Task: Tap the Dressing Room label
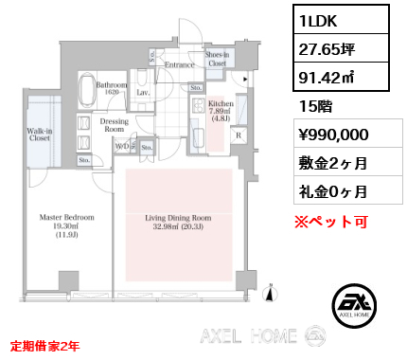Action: tap(114, 125)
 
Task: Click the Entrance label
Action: tap(180, 64)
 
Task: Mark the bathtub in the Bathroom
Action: tap(85, 93)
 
